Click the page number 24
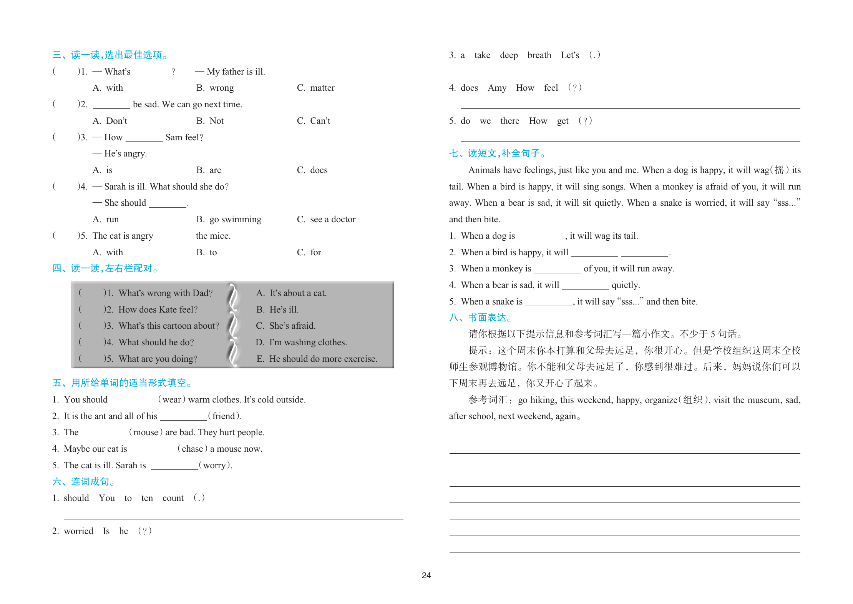point(426,575)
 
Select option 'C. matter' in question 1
point(315,88)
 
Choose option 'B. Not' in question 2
point(210,121)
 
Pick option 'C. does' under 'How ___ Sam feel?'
point(312,170)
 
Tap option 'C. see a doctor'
point(326,220)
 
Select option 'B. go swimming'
point(229,220)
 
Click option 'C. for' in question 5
point(309,253)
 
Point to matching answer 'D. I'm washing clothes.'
point(301,342)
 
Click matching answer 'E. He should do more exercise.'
point(317,359)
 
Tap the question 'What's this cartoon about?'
point(169,326)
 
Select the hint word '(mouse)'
point(146,433)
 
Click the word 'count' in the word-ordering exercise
point(173,498)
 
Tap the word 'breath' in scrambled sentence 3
point(539,55)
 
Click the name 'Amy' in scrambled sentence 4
point(497,88)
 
